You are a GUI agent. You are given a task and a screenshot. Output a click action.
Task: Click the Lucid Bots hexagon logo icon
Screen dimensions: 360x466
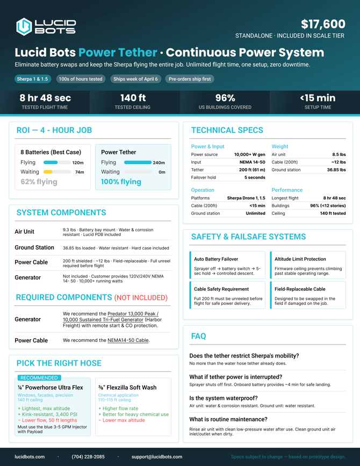coord(24,26)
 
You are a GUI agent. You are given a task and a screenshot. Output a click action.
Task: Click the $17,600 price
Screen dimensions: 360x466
coord(323,24)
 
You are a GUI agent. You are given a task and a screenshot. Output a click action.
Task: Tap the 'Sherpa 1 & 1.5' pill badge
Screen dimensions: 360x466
coord(32,79)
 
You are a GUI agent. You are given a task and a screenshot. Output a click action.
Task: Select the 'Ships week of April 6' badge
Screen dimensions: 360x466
coord(135,79)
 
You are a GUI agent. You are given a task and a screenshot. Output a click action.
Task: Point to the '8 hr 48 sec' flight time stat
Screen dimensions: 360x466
coord(45,98)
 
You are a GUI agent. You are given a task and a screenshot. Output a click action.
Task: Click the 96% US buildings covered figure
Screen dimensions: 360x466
coord(225,98)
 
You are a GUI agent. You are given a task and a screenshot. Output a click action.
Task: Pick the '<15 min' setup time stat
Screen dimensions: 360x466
coord(318,98)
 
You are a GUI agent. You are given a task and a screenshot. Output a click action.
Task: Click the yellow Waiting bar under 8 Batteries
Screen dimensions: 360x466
coord(48,172)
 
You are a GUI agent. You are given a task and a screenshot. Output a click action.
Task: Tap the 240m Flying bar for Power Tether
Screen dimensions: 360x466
coord(138,162)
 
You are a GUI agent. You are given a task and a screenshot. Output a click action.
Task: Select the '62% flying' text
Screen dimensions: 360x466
coord(39,182)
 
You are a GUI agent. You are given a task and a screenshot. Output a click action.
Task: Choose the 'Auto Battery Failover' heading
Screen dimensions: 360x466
coord(216,259)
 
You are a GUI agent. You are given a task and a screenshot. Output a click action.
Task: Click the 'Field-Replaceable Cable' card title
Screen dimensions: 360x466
coord(300,289)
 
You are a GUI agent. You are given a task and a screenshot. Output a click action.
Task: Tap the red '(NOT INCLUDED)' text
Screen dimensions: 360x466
coord(141,298)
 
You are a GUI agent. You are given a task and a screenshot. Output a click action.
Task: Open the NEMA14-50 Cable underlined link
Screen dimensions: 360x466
coord(128,340)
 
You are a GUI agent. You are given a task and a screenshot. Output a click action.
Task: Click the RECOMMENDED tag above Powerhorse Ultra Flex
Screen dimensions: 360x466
coord(39,378)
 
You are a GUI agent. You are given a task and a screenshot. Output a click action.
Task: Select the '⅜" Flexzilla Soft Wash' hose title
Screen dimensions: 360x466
coord(127,387)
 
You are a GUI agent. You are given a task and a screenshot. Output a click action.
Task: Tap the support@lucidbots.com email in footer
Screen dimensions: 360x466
coord(156,457)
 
